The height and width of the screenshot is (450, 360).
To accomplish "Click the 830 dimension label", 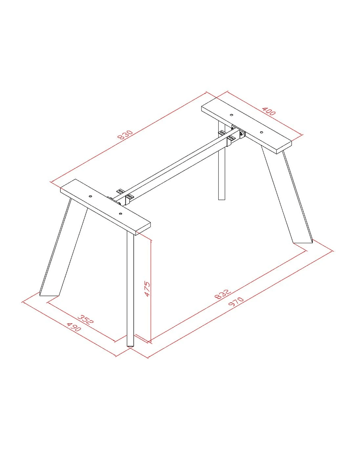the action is (x=125, y=135).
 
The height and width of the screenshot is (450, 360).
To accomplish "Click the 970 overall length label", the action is (x=236, y=302).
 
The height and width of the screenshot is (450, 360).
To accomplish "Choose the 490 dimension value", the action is (x=74, y=327).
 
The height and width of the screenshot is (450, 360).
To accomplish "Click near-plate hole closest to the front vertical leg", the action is (x=120, y=214).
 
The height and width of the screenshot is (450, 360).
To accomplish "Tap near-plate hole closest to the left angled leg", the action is (x=90, y=196).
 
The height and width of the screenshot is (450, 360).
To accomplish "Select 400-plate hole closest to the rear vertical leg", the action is (x=231, y=115).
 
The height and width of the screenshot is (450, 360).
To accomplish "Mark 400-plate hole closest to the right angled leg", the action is (x=261, y=132).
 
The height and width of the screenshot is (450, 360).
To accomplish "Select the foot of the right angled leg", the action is (x=303, y=242).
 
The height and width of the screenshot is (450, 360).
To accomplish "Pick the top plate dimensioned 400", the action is (x=247, y=126).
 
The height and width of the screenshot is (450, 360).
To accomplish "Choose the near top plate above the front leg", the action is (x=105, y=207).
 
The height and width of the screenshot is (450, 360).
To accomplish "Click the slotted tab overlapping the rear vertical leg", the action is (x=222, y=133).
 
